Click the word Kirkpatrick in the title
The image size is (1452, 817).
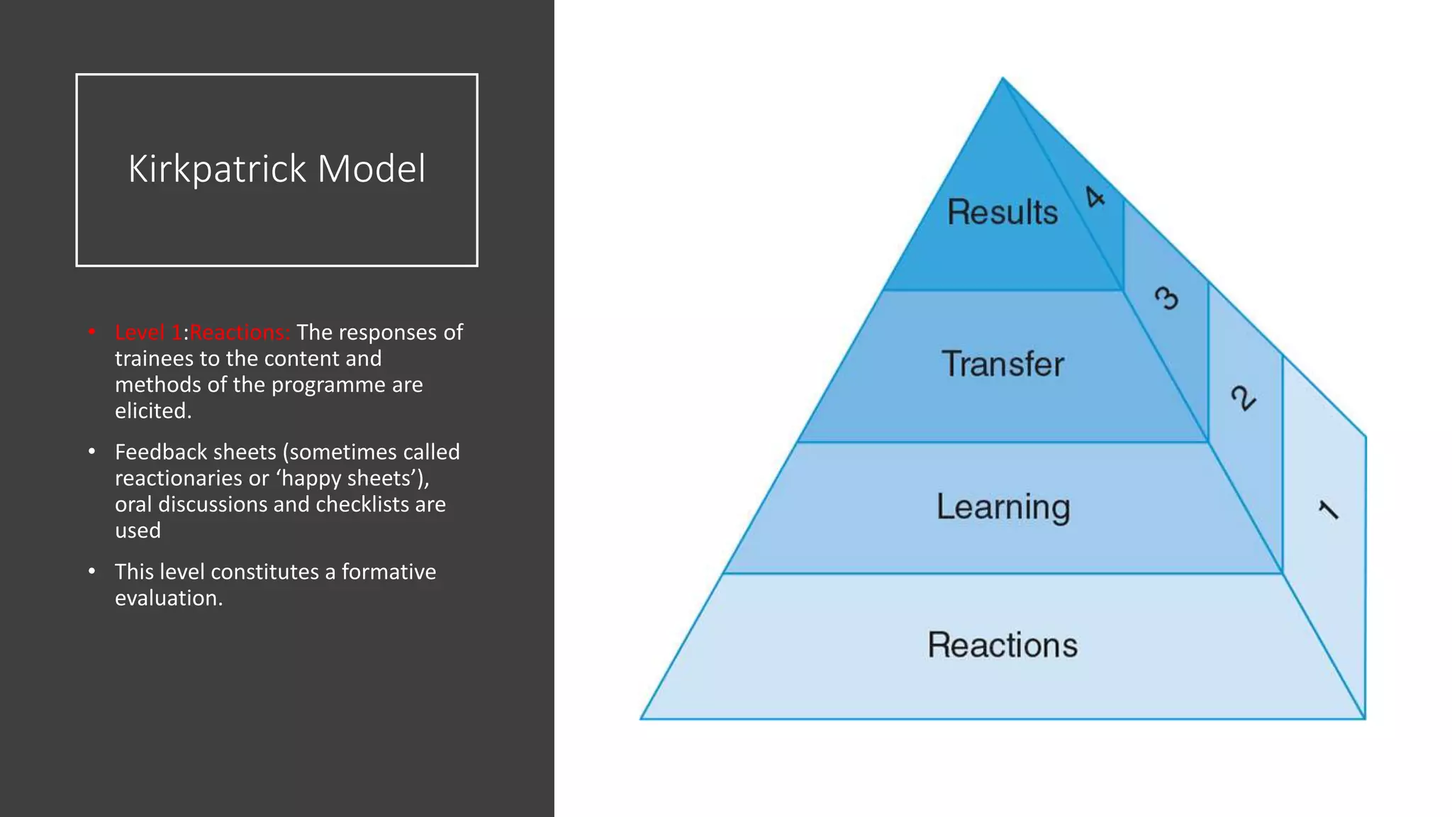click(218, 169)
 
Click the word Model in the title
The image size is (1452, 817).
click(372, 169)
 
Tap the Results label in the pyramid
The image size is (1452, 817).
click(1003, 213)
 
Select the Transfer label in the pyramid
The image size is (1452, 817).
click(1003, 365)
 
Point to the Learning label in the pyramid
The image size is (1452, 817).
click(1003, 507)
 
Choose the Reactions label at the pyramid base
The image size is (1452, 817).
click(1003, 645)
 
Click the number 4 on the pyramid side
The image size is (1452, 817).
click(1095, 196)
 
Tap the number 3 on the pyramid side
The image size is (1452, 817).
click(1166, 298)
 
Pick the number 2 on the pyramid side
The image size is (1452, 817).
click(1243, 398)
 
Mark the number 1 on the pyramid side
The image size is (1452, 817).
click(1328, 510)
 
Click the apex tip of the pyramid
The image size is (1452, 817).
click(1003, 79)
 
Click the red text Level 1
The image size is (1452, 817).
click(148, 333)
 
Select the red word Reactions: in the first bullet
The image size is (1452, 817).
click(240, 333)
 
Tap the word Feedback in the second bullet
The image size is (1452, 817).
click(160, 452)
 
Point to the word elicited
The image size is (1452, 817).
click(153, 411)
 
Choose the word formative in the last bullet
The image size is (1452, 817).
click(389, 572)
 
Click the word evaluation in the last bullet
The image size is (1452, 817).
click(169, 599)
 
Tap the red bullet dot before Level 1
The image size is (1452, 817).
click(92, 332)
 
